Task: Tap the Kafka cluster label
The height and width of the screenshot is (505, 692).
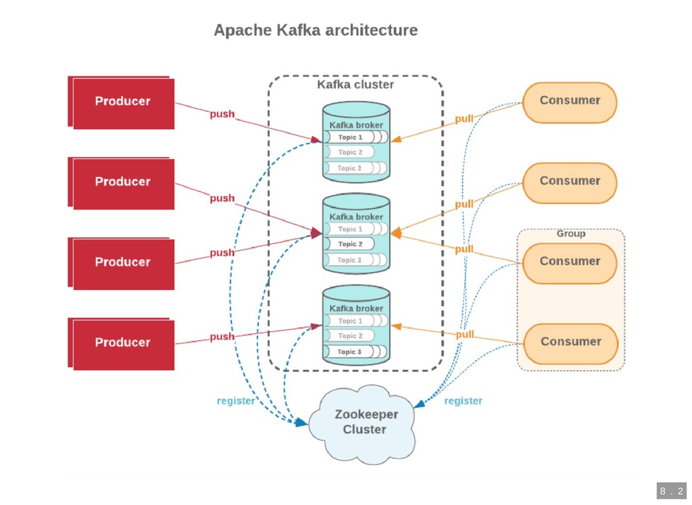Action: [x=355, y=85]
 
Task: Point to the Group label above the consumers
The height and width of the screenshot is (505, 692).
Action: [x=571, y=234]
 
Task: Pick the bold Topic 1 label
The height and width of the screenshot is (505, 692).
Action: [x=350, y=137]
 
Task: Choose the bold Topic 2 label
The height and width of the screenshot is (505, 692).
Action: [x=350, y=244]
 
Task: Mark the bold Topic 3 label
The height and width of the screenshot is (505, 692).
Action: [x=349, y=352]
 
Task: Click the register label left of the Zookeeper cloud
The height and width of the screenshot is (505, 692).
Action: [x=236, y=401]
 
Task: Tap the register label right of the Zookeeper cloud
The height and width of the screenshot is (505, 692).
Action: [x=463, y=401]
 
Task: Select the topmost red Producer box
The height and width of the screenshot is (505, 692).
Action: [x=122, y=102]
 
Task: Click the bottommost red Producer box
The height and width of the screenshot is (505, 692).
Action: [x=122, y=343]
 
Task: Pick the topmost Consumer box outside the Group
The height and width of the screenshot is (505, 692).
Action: [x=570, y=101]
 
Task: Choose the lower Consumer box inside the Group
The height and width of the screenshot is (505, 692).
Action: [x=570, y=343]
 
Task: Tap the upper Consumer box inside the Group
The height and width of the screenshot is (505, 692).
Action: [x=570, y=262]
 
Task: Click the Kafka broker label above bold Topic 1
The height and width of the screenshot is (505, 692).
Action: [x=355, y=125]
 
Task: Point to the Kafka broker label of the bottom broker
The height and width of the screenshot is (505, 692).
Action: [x=355, y=308]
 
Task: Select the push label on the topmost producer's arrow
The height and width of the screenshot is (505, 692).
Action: [x=222, y=114]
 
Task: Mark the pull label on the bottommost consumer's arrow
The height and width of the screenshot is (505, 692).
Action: [x=464, y=335]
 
